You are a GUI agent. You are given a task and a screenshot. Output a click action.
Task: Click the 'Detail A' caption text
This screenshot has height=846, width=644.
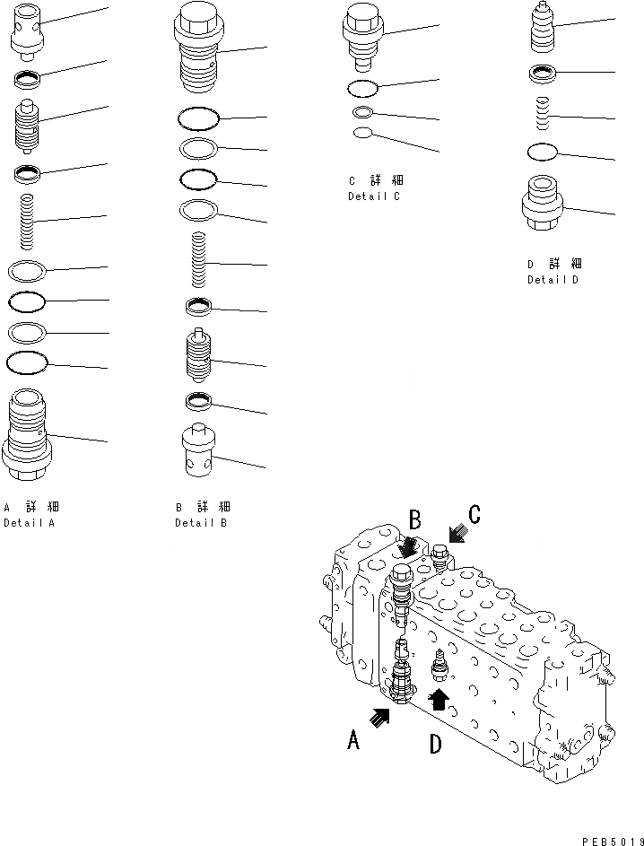pyautogui.click(x=29, y=522)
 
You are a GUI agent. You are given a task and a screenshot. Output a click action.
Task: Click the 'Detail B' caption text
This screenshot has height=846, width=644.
pyautogui.click(x=200, y=522)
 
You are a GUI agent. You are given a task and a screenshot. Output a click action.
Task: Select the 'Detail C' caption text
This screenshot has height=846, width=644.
pyautogui.click(x=373, y=196)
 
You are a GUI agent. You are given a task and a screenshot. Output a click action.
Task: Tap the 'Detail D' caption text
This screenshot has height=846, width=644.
pyautogui.click(x=553, y=280)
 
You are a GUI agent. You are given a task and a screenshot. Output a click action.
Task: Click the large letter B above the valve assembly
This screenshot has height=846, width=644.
pyautogui.click(x=415, y=519)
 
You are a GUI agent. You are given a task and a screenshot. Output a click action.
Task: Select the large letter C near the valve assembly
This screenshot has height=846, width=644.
pyautogui.click(x=474, y=515)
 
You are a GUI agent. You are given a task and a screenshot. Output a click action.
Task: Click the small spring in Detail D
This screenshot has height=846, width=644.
pyautogui.click(x=542, y=114)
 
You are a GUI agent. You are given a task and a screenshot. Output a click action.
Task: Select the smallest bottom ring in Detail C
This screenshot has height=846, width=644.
pyautogui.click(x=362, y=133)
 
